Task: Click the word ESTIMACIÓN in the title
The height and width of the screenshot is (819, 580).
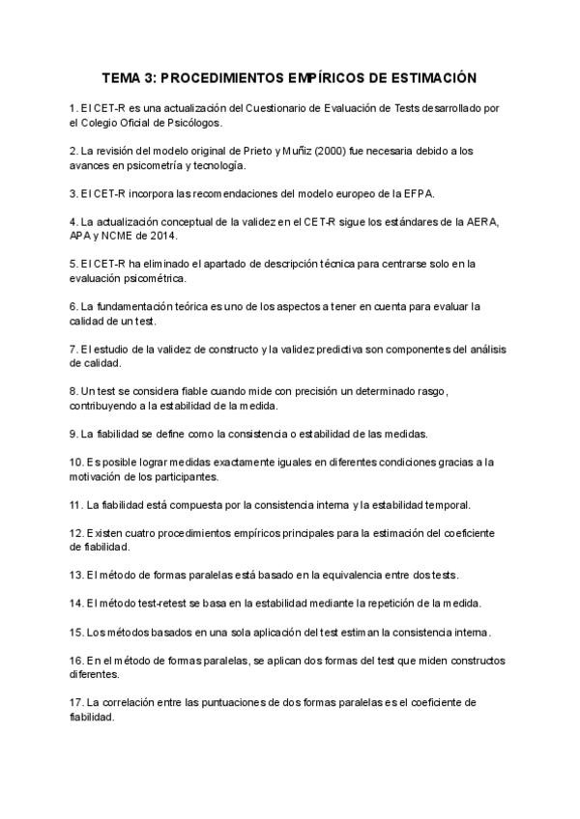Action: (430, 76)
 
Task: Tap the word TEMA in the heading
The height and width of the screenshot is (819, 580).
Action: (125, 76)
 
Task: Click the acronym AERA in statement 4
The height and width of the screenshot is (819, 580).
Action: (478, 222)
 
